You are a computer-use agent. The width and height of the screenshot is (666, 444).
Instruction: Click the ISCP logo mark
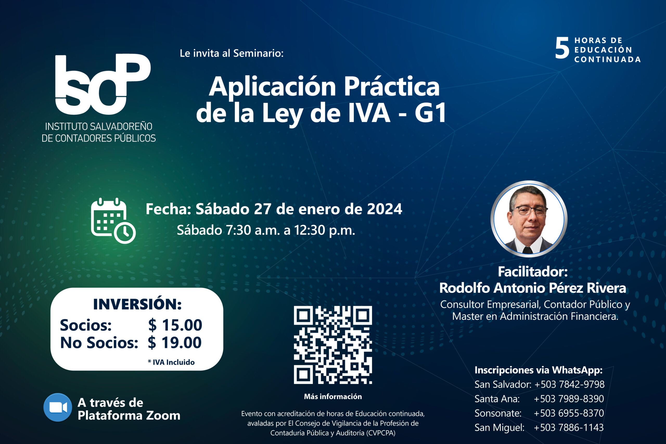tap(103, 84)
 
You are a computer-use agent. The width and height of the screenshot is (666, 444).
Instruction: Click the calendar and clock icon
tap(113, 221)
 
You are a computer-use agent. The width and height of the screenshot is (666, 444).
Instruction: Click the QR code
tap(333, 345)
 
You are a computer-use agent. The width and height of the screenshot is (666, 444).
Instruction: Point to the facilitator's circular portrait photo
tap(529, 219)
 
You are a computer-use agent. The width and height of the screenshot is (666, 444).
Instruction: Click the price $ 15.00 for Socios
tap(175, 325)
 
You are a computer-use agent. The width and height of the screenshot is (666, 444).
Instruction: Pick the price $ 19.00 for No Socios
tap(174, 343)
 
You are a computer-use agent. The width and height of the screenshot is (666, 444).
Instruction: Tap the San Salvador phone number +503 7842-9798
tap(569, 384)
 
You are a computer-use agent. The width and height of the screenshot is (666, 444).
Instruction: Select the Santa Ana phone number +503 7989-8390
tap(569, 399)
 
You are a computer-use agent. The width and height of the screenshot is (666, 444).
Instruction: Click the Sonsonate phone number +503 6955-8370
tap(569, 413)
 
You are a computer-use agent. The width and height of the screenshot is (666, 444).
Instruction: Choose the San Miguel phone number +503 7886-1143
tap(569, 428)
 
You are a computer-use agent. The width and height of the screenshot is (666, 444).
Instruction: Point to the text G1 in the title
tap(430, 113)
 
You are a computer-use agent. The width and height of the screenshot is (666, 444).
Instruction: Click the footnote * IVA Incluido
tap(171, 362)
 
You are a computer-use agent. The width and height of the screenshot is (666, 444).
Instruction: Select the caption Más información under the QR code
tap(333, 396)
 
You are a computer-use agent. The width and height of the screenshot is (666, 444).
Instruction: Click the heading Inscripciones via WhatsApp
tap(539, 370)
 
